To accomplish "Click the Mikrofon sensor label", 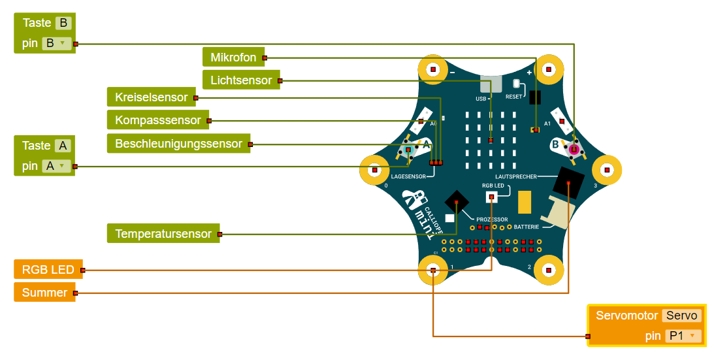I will pyautogui.click(x=233, y=57).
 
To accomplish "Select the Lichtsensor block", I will pyautogui.click(x=241, y=80).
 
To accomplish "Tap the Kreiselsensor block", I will pyautogui.click(x=151, y=97).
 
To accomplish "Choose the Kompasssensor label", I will pyautogui.click(x=158, y=120).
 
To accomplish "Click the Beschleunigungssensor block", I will pyautogui.click(x=178, y=144).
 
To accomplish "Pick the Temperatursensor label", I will pyautogui.click(x=163, y=233).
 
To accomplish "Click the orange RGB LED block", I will pyautogui.click(x=48, y=269).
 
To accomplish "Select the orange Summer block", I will pyautogui.click(x=44, y=292).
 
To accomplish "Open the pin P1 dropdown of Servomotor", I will pyautogui.click(x=683, y=336).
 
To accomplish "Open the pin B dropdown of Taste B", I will pyautogui.click(x=56, y=43).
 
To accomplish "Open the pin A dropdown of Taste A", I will pyautogui.click(x=56, y=166).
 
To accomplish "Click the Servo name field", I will pyautogui.click(x=682, y=316).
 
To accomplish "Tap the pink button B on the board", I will pyautogui.click(x=574, y=150).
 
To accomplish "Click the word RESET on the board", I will pyautogui.click(x=513, y=97).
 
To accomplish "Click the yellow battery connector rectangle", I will pyautogui.click(x=524, y=203).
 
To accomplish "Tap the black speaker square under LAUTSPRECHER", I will pyautogui.click(x=568, y=180).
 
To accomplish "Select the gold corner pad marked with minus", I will pyautogui.click(x=432, y=69).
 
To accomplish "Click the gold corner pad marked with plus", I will pyautogui.click(x=549, y=69).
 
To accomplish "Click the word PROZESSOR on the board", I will pyautogui.click(x=492, y=219).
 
